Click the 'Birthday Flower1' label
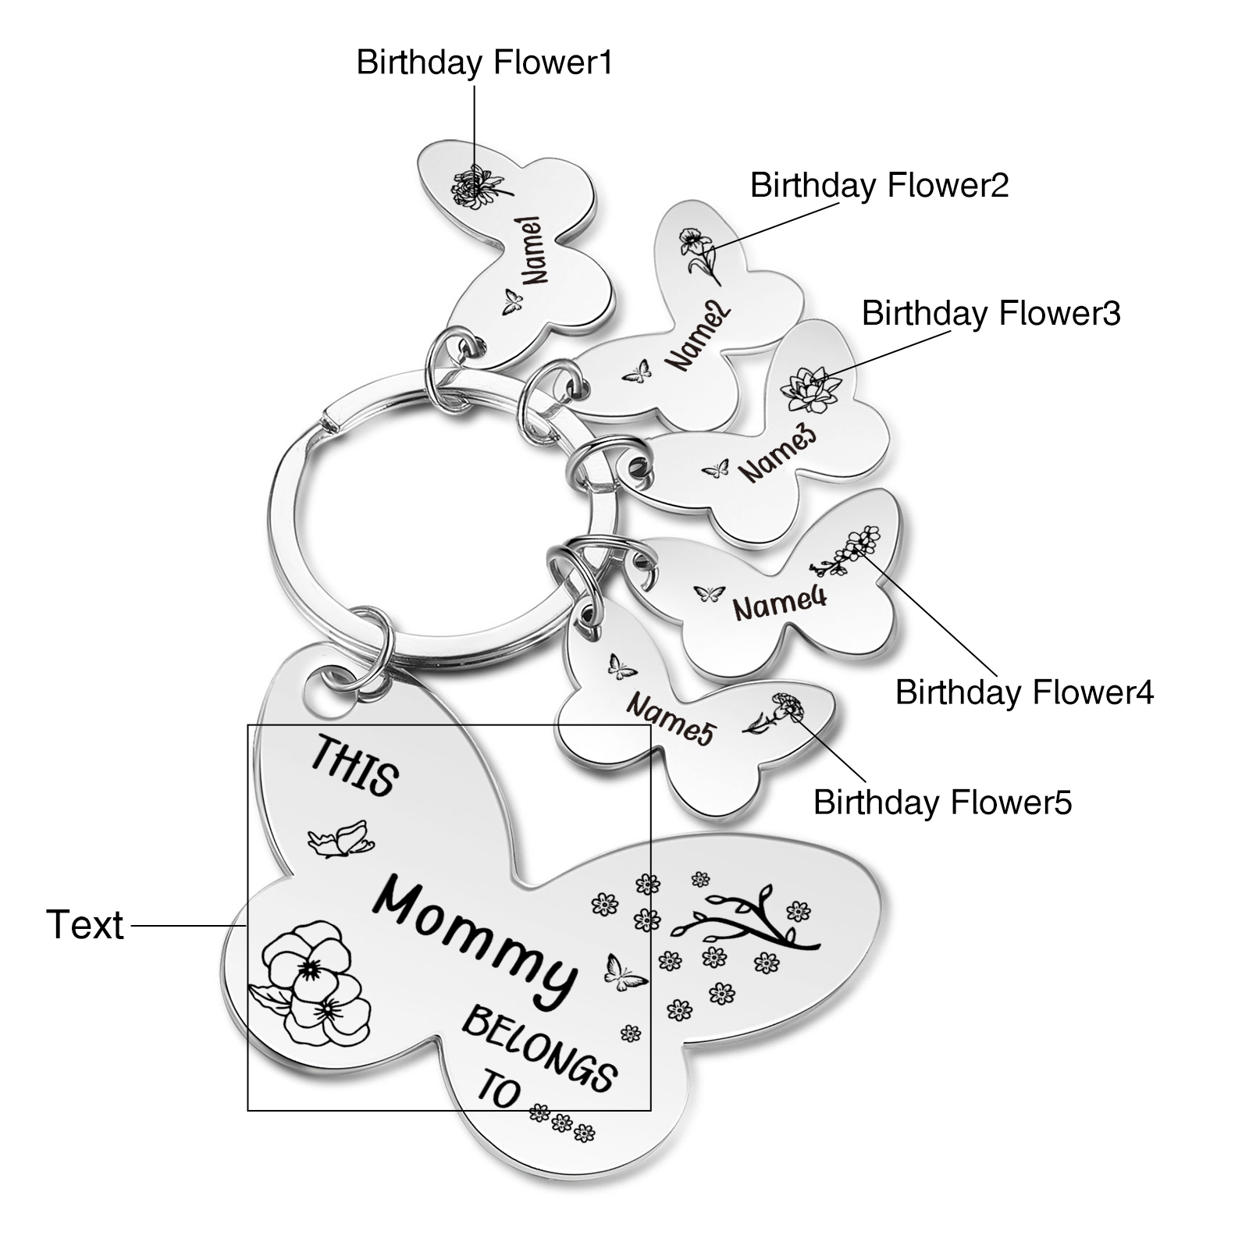(x=484, y=63)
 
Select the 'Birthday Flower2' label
(x=879, y=186)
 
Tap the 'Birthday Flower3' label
(x=991, y=314)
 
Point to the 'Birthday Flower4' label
(x=1023, y=692)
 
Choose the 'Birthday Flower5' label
(x=942, y=802)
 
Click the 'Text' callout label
(x=85, y=925)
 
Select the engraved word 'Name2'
(x=698, y=338)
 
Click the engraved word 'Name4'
(x=768, y=603)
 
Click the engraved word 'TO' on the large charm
(x=497, y=1091)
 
